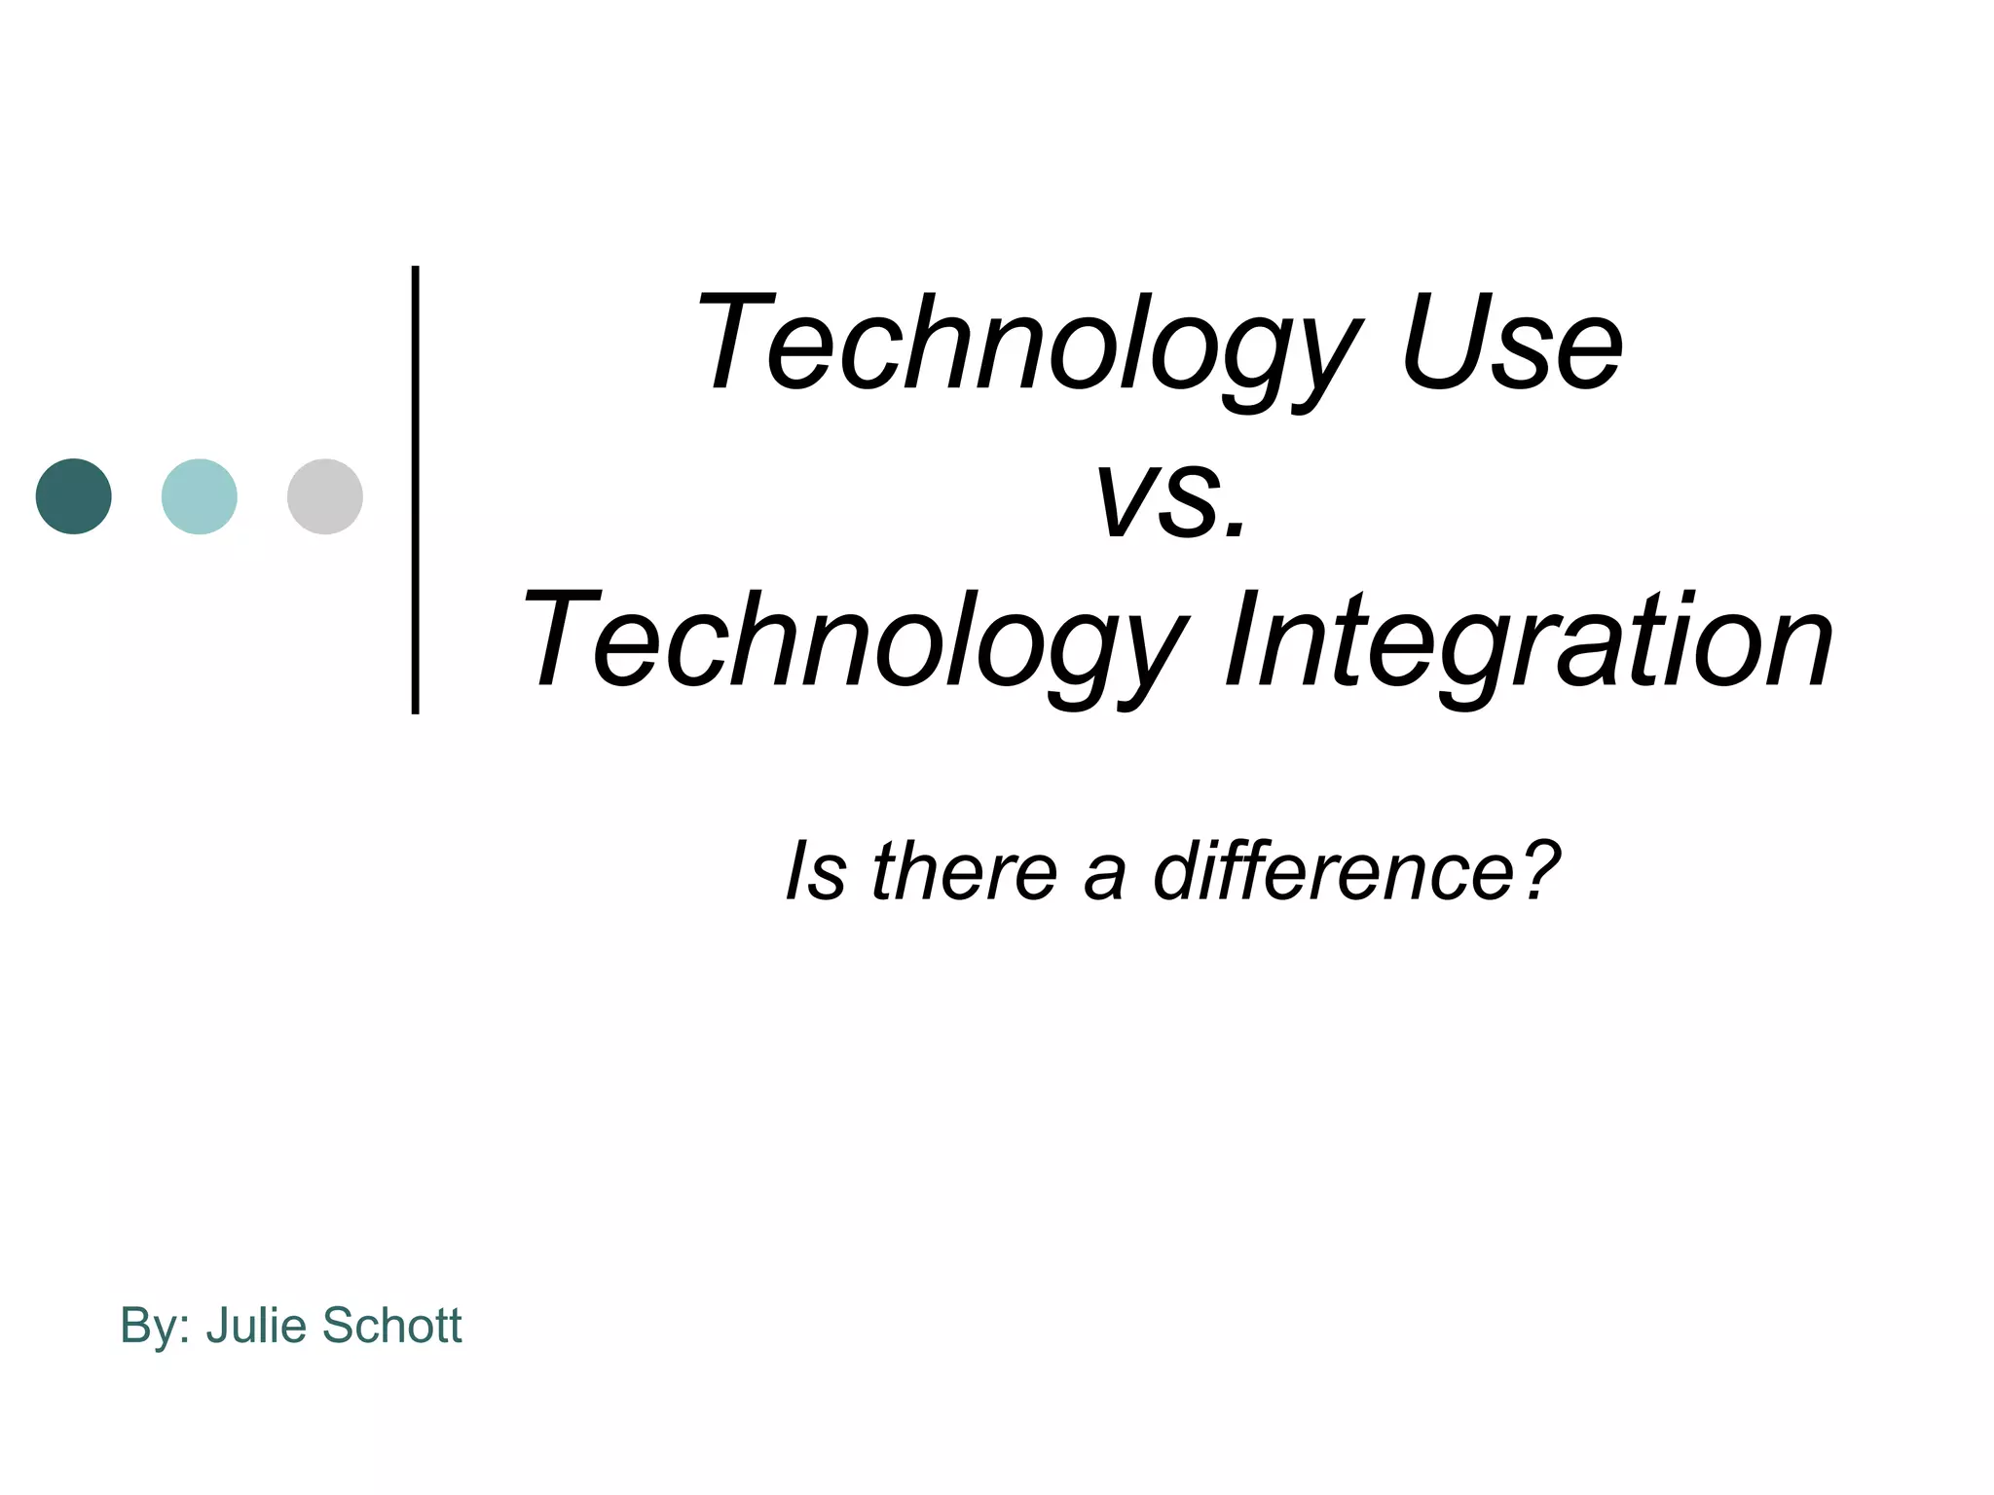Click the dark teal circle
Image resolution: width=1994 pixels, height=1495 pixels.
[74, 496]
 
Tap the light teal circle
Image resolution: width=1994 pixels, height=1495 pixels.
[200, 496]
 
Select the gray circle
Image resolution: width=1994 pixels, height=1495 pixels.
[325, 496]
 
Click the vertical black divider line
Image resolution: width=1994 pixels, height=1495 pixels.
[416, 490]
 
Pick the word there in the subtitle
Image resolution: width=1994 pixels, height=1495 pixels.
[964, 871]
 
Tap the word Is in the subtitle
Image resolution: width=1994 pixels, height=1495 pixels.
[816, 871]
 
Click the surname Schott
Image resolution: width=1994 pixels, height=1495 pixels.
[391, 1326]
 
